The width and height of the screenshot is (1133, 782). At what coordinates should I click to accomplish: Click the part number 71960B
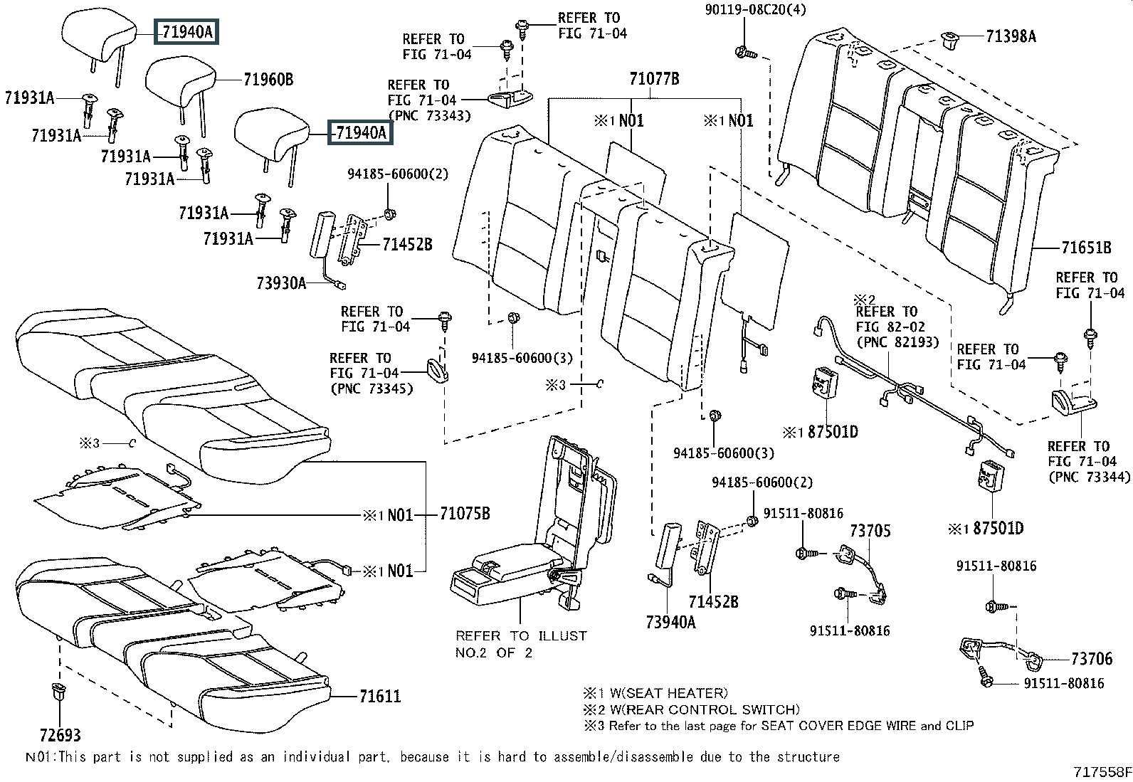[268, 80]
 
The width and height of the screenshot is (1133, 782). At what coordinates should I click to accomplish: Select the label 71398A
[1011, 36]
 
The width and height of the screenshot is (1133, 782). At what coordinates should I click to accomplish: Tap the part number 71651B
[1085, 248]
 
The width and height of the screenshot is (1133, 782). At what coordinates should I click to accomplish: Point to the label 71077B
[653, 79]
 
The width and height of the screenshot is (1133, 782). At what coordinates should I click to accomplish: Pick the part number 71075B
[464, 514]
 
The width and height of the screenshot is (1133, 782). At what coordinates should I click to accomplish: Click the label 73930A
[281, 283]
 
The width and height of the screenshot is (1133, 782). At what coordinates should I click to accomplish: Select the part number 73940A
[670, 622]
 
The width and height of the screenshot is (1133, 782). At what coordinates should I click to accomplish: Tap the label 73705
[870, 531]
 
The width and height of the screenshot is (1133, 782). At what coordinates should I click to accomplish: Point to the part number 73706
[1092, 659]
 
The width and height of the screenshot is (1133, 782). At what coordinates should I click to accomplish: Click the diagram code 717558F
[1102, 771]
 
